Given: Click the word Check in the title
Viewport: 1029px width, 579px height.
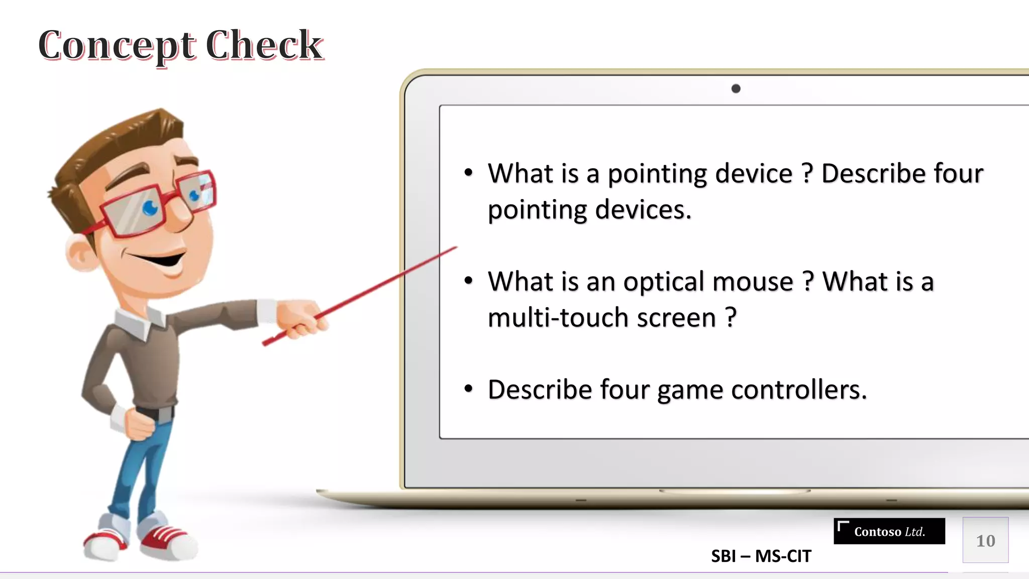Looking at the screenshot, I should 264,45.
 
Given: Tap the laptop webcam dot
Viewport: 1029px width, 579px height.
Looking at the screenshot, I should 736,89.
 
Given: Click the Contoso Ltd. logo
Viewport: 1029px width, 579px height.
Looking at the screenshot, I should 889,531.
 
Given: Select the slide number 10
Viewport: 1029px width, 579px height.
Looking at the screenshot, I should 985,541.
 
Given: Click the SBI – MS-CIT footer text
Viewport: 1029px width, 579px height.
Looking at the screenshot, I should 761,556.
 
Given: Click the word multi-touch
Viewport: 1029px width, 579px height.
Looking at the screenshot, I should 558,318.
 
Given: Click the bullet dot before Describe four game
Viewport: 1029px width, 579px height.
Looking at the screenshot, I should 468,389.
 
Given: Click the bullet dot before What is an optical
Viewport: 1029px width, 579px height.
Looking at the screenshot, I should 468,281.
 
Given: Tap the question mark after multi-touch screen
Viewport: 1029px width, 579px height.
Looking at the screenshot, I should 731,318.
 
